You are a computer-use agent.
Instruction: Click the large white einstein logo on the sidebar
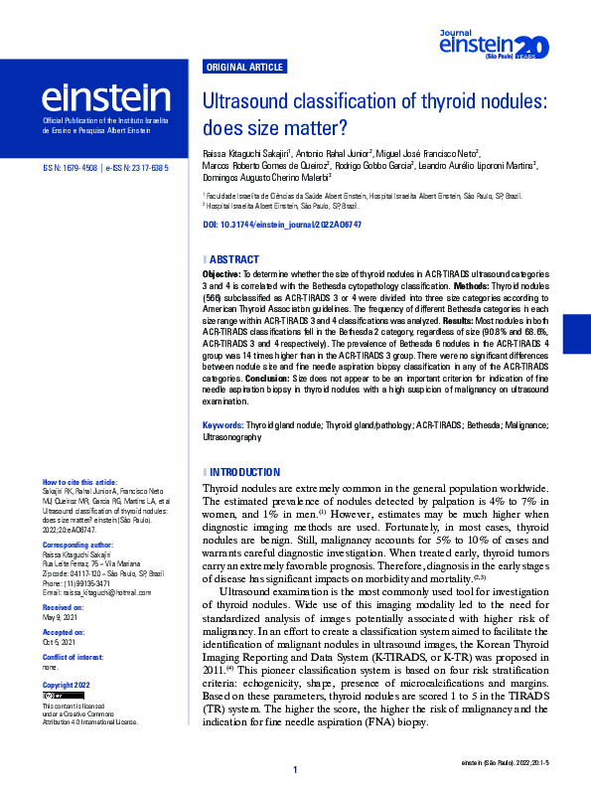click(x=105, y=97)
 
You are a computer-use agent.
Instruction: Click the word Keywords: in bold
click(x=222, y=424)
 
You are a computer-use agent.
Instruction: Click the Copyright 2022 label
click(x=67, y=686)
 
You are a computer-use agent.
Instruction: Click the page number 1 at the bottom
click(x=295, y=771)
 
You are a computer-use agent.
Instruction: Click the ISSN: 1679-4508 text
click(x=69, y=169)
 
